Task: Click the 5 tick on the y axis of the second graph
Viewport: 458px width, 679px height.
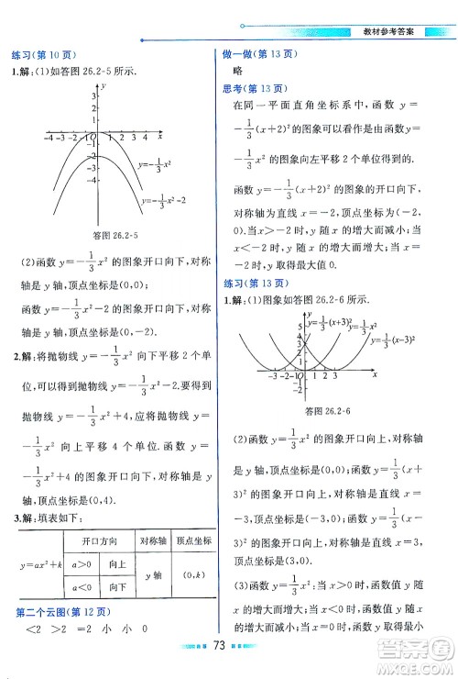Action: coord(300,326)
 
